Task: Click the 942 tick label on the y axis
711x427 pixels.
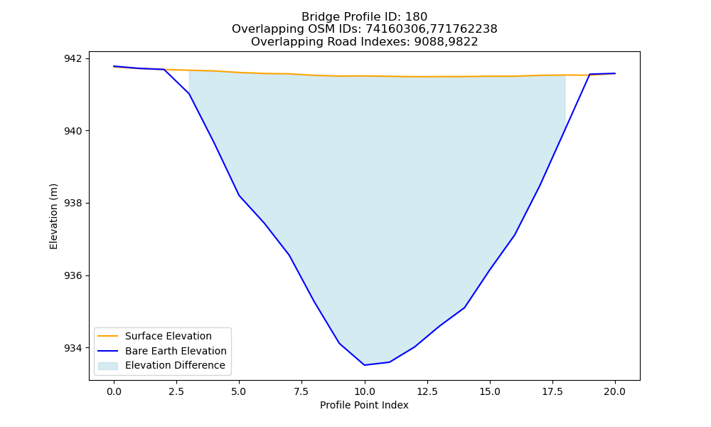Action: coord(73,58)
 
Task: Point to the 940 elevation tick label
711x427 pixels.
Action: coord(73,131)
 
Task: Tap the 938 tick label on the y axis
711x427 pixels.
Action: coord(73,204)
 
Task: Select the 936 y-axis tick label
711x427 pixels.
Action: coord(73,276)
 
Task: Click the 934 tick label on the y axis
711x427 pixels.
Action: coord(73,348)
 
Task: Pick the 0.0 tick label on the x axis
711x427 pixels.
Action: coord(114,391)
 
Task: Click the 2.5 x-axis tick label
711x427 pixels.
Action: coord(176,391)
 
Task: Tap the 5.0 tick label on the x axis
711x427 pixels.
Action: coord(239,391)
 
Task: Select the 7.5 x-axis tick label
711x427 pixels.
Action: coord(301,391)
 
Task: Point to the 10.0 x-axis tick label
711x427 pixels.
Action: coord(364,391)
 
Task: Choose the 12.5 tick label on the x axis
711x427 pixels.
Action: coord(427,391)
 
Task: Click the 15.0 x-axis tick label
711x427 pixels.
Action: coord(490,391)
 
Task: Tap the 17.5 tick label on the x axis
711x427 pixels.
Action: coord(552,391)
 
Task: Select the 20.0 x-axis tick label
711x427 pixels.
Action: coord(615,391)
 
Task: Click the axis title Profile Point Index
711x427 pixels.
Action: coord(364,405)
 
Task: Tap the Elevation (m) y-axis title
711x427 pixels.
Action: coord(54,216)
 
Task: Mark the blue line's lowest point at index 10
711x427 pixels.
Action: coord(364,365)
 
